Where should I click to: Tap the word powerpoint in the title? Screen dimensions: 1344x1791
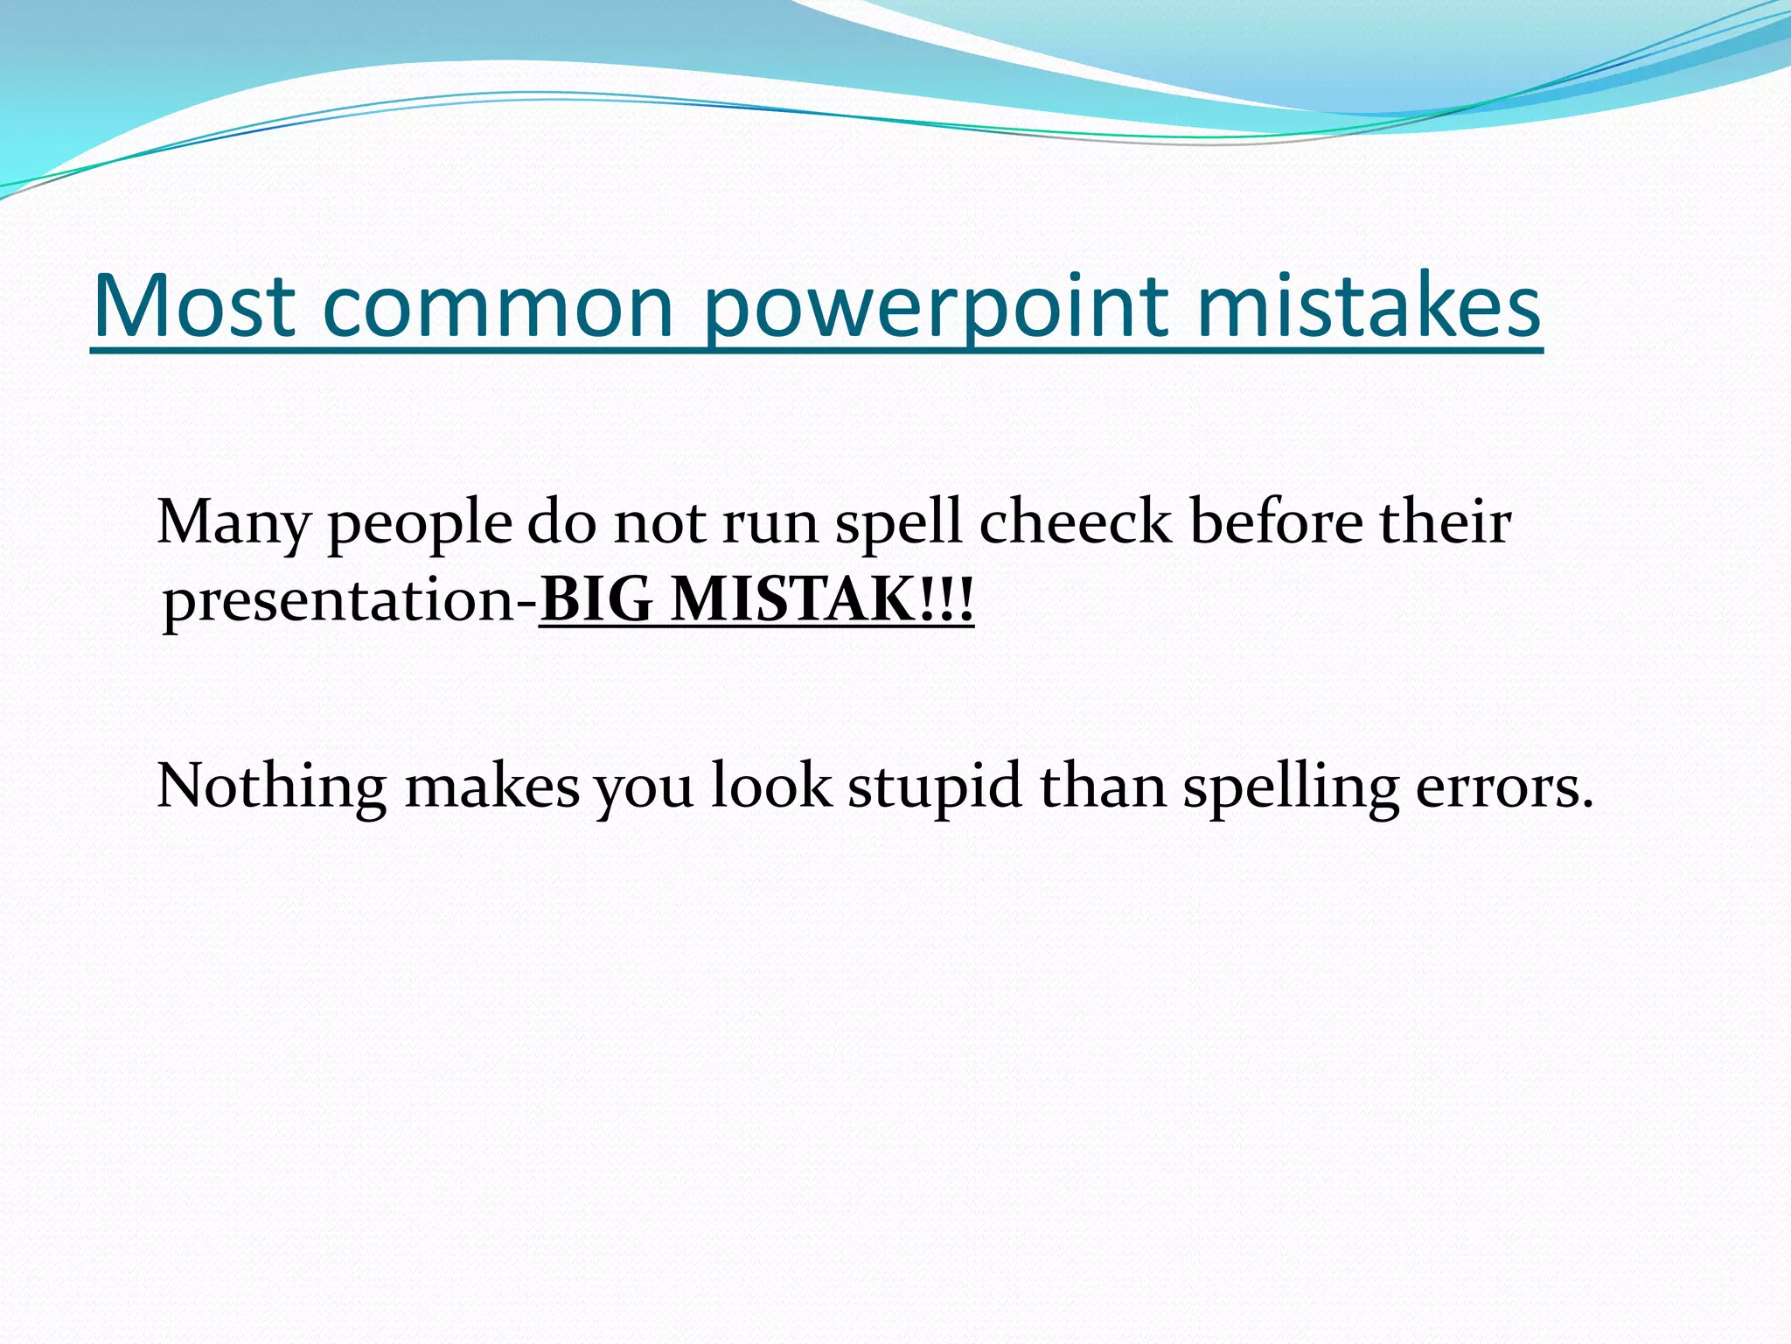coord(936,306)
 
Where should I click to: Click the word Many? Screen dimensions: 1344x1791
coord(233,523)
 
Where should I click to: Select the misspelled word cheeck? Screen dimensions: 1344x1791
coord(1075,522)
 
